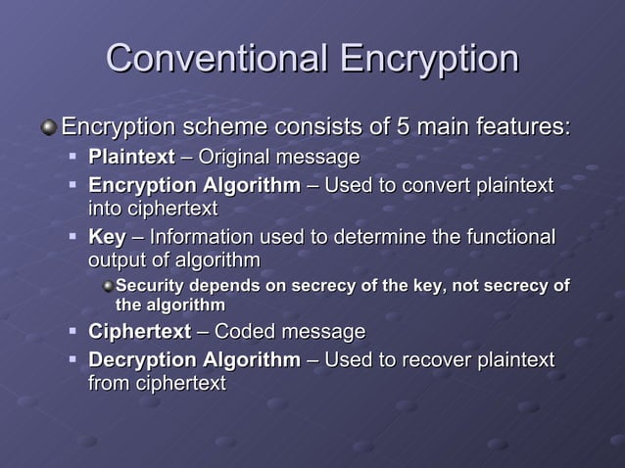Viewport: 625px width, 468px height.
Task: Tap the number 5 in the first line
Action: click(x=402, y=127)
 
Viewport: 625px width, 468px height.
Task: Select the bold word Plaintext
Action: click(x=132, y=157)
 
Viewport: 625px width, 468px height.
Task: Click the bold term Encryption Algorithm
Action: click(x=195, y=186)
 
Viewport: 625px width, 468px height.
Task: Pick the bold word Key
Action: click(x=107, y=238)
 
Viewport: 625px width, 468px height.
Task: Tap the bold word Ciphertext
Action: click(x=139, y=332)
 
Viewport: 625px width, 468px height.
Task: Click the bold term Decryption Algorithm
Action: click(x=195, y=360)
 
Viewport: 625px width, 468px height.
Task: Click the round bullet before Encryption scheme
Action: click(x=49, y=128)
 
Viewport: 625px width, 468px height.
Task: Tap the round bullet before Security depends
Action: click(x=107, y=286)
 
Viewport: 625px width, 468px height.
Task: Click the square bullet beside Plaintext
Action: click(x=73, y=157)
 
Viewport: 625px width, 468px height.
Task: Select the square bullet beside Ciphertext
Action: click(x=73, y=332)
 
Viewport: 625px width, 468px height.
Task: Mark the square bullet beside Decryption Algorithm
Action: click(x=73, y=360)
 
